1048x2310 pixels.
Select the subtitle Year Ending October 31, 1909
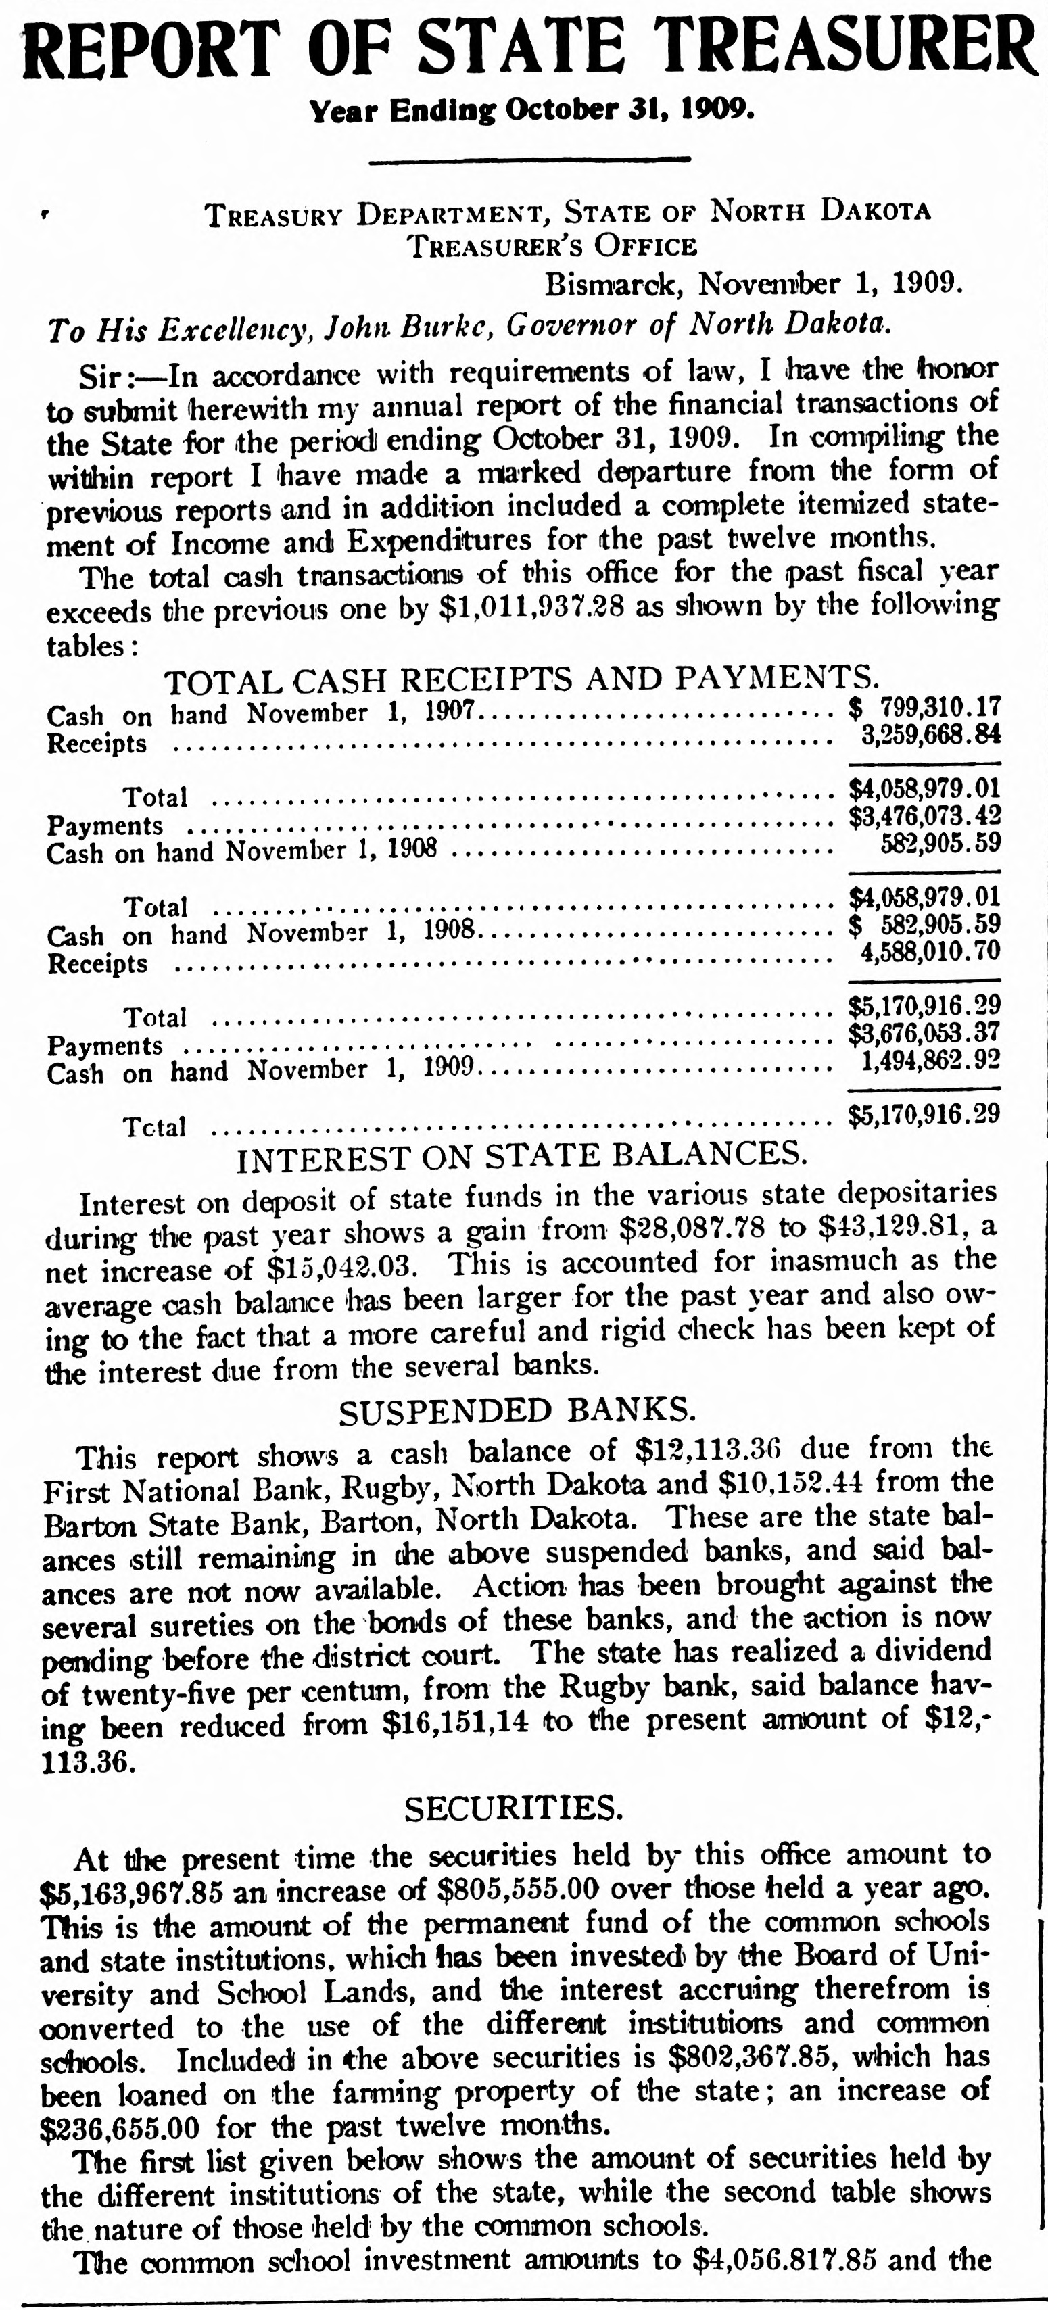pos(531,111)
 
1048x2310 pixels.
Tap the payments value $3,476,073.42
pos(924,817)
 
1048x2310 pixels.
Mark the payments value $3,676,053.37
pos(924,1032)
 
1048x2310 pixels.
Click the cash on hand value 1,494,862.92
pos(930,1060)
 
